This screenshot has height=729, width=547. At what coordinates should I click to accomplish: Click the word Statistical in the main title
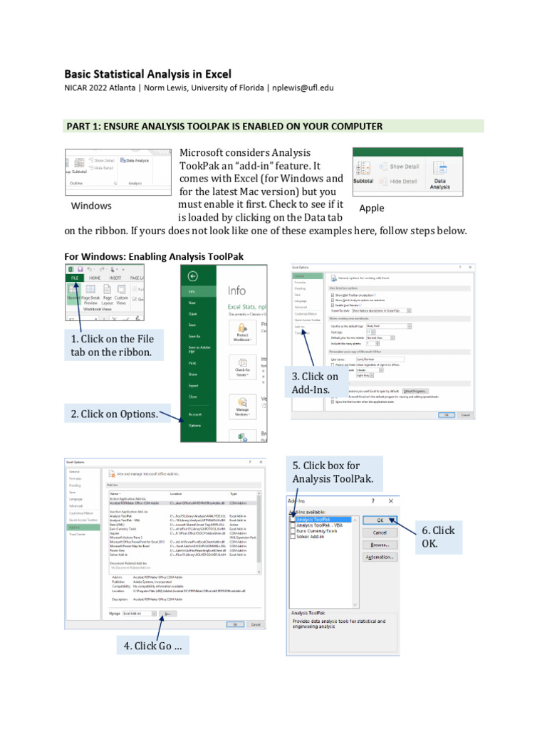point(131,73)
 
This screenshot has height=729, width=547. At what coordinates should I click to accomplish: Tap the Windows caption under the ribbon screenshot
point(91,206)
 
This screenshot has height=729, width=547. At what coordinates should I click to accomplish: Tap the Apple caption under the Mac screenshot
point(371,208)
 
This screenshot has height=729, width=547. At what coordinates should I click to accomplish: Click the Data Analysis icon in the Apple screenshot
point(440,175)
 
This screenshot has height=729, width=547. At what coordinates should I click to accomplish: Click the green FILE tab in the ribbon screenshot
point(75,279)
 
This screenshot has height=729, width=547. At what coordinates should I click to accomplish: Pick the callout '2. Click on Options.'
point(114,414)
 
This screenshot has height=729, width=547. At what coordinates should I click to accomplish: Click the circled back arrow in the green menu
point(192,276)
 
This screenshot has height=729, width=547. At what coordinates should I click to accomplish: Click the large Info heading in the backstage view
point(236,290)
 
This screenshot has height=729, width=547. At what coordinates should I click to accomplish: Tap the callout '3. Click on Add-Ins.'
point(314,382)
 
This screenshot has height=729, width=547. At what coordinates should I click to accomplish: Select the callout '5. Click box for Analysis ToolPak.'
point(332,472)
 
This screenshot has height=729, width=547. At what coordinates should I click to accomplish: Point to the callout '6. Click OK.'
point(437,537)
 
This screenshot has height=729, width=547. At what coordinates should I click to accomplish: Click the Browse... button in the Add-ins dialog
point(380,545)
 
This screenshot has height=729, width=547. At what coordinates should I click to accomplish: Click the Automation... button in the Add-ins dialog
point(380,557)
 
